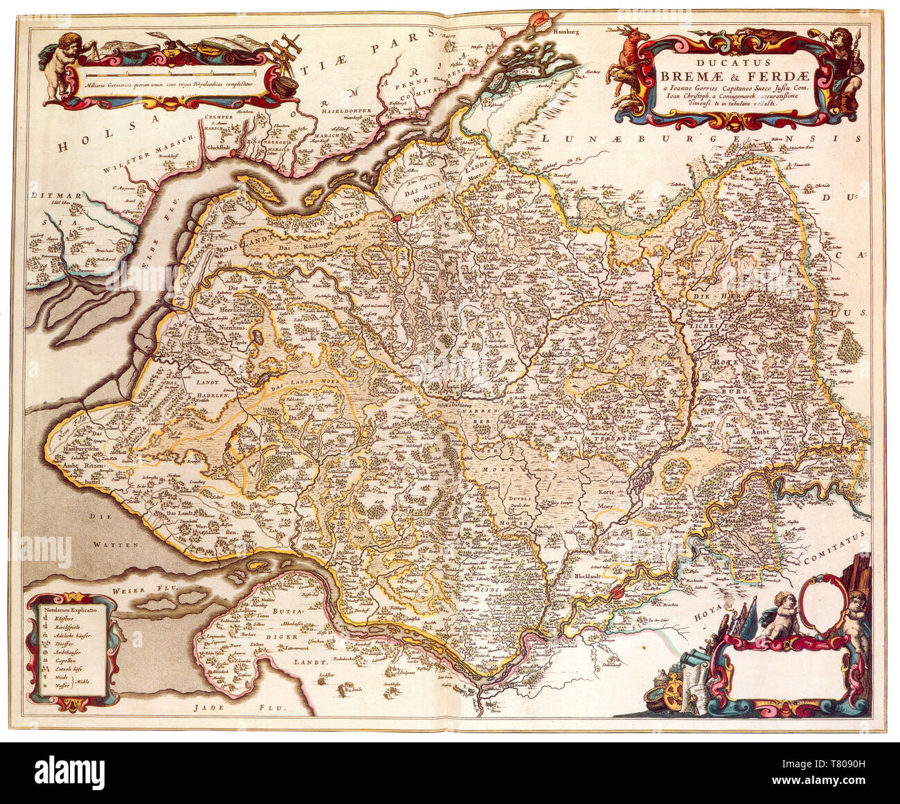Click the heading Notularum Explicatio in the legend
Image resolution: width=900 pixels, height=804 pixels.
click(72, 611)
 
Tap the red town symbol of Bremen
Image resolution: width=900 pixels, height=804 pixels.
click(618, 593)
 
